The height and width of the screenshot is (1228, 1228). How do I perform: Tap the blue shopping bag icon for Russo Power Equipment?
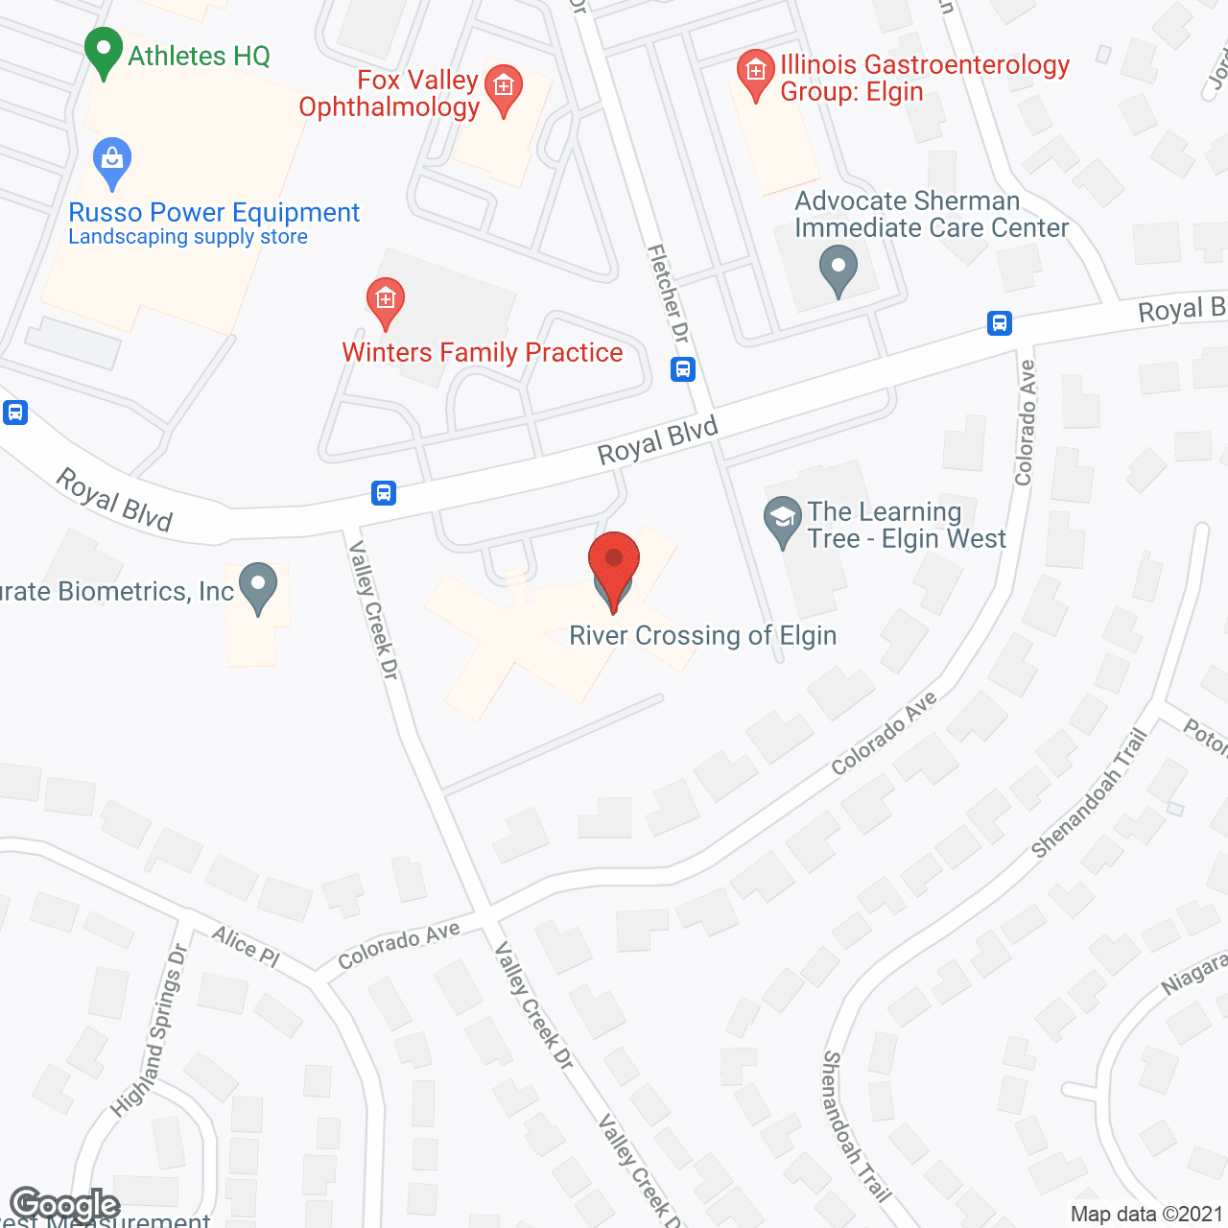coord(112,163)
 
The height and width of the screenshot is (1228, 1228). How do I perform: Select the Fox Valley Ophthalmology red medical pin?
coord(504,89)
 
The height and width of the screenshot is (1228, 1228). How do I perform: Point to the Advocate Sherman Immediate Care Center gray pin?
coord(838,271)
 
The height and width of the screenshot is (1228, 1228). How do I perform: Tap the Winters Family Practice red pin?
coord(386,302)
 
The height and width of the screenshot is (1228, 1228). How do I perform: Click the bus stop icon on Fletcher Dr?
coord(683,368)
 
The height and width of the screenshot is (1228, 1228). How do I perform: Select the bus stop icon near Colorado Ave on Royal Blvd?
coord(1000,323)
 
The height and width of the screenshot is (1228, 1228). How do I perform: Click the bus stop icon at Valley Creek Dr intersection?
coord(384,493)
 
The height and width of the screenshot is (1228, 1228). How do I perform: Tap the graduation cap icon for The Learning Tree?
coord(783,521)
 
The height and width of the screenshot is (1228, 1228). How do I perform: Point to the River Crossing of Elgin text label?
coord(703,636)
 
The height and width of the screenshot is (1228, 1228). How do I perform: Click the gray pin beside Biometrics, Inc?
coord(257,587)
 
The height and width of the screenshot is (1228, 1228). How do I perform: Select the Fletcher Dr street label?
coord(669,294)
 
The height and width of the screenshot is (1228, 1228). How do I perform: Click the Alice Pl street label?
coord(246,946)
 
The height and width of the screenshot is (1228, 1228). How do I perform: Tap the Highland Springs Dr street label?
coord(151,1030)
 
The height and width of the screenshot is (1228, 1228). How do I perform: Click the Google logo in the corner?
coord(64,1204)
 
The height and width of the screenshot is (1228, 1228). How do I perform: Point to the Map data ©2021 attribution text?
coord(1146,1215)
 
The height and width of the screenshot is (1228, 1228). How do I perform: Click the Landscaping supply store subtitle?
coord(188,237)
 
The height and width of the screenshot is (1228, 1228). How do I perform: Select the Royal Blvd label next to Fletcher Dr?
coord(658,440)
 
